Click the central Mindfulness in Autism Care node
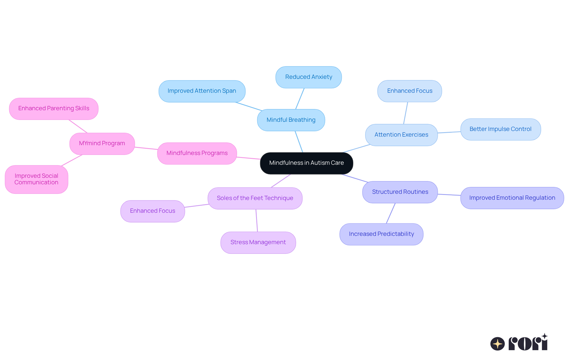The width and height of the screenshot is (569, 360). click(306, 163)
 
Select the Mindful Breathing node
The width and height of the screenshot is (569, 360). click(291, 120)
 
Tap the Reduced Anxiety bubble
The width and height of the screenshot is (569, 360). click(309, 77)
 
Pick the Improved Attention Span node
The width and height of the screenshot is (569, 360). click(202, 91)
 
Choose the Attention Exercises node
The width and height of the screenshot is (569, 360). click(401, 135)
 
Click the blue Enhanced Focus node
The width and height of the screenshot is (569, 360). click(410, 91)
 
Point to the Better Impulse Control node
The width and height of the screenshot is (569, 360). click(500, 129)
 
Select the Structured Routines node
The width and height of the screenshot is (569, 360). click(400, 192)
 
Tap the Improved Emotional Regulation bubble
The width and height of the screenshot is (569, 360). click(512, 198)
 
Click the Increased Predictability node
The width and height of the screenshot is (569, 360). click(381, 234)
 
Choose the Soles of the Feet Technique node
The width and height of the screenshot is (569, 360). click(255, 198)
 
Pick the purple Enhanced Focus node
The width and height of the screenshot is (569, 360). click(152, 211)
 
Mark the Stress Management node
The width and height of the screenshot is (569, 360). click(258, 242)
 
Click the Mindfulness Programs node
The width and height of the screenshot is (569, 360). click(197, 153)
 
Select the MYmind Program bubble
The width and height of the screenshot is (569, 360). click(102, 143)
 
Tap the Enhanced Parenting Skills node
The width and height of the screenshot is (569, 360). click(54, 108)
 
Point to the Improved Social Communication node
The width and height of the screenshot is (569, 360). click(36, 179)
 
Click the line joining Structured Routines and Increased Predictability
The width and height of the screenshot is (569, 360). click(391, 213)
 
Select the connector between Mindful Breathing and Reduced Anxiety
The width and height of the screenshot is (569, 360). click(300, 99)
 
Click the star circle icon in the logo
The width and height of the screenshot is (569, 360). click(497, 344)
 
